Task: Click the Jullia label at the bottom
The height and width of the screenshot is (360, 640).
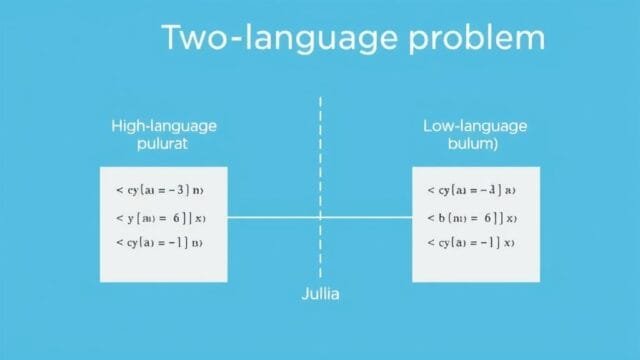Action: click(x=320, y=295)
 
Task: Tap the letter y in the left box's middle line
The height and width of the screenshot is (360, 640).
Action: click(x=131, y=217)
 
